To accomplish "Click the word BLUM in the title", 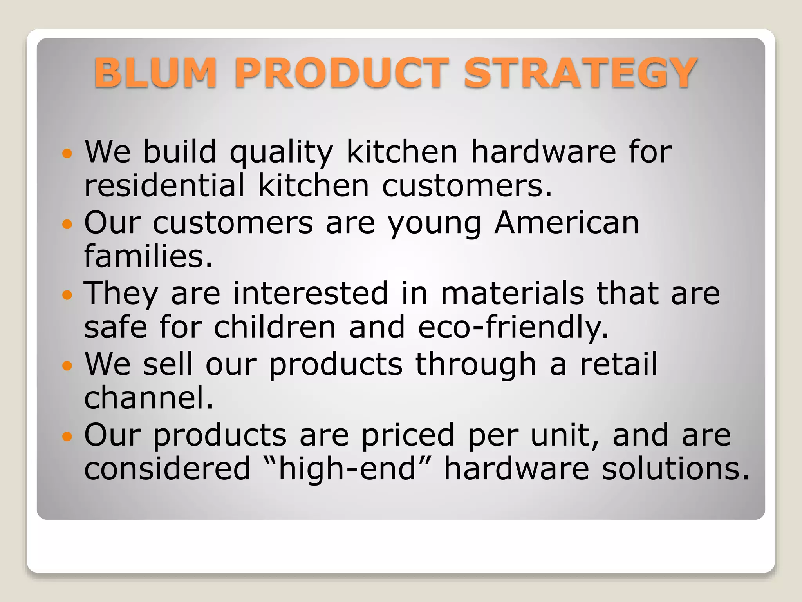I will [x=155, y=73].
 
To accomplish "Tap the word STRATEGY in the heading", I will [x=580, y=73].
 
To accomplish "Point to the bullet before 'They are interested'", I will [x=67, y=295].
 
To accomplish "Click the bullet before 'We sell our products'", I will [x=67, y=366].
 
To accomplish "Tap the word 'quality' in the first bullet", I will [x=281, y=153].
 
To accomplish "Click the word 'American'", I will [x=567, y=223].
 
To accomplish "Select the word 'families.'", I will [x=148, y=256].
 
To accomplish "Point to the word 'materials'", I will [x=512, y=294].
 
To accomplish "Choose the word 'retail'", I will [x=618, y=364].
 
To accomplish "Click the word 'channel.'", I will [x=149, y=398].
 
